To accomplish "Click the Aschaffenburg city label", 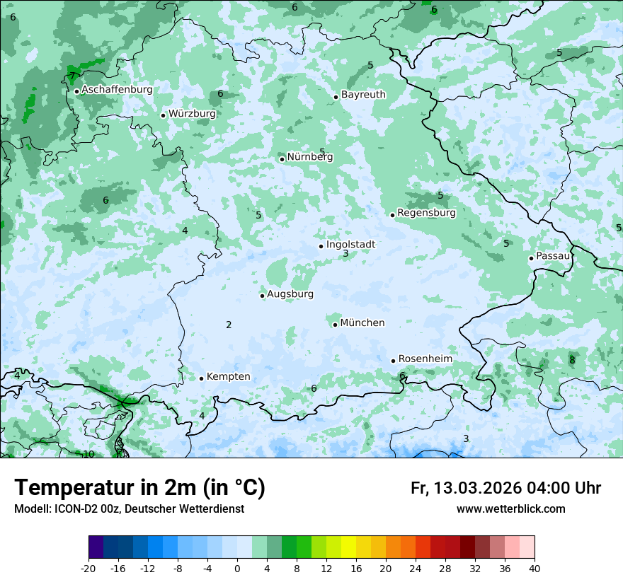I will pyautogui.click(x=117, y=90).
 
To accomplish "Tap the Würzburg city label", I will pyautogui.click(x=192, y=113).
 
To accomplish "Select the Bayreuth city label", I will pyautogui.click(x=363, y=94).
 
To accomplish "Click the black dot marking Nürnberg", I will pyautogui.click(x=282, y=159).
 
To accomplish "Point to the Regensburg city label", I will pyautogui.click(x=426, y=212).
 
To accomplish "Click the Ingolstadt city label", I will pyautogui.click(x=350, y=244).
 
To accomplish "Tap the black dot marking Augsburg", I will pyautogui.click(x=262, y=296).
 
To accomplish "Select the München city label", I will pyautogui.click(x=362, y=322).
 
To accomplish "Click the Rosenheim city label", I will pyautogui.click(x=425, y=359).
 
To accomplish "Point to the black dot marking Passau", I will pyautogui.click(x=531, y=258).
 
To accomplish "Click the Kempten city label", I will pyautogui.click(x=228, y=376).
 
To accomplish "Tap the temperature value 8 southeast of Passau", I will pyautogui.click(x=572, y=360).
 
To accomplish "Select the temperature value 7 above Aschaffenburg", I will pyautogui.click(x=72, y=76).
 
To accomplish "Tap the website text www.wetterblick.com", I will pyautogui.click(x=510, y=508).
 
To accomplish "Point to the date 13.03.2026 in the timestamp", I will pyautogui.click(x=477, y=488).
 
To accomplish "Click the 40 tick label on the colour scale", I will pyautogui.click(x=534, y=568).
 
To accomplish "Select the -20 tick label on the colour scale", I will pyautogui.click(x=88, y=568).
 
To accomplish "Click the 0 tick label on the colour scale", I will pyautogui.click(x=237, y=568).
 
